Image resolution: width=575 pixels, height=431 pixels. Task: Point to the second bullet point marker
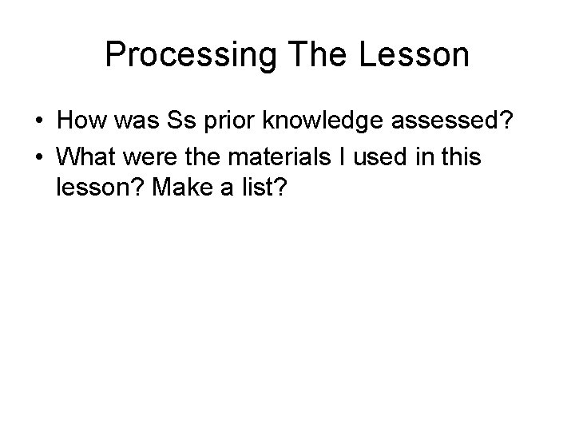pyautogui.click(x=38, y=158)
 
